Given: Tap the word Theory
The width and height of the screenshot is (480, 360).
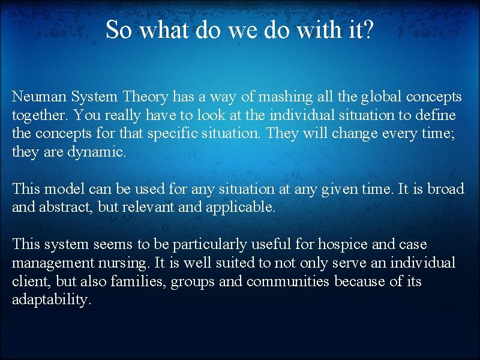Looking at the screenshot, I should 145,96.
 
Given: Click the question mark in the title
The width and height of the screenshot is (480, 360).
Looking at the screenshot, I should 368,29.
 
